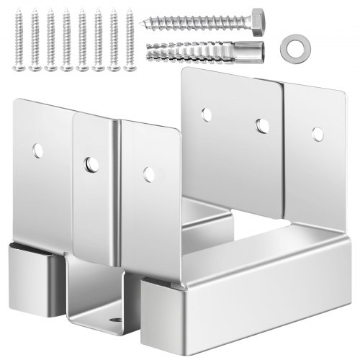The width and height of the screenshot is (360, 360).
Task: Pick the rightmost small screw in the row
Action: click(130, 40)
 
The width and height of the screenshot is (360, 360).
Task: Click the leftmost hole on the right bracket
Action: click(207, 114)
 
